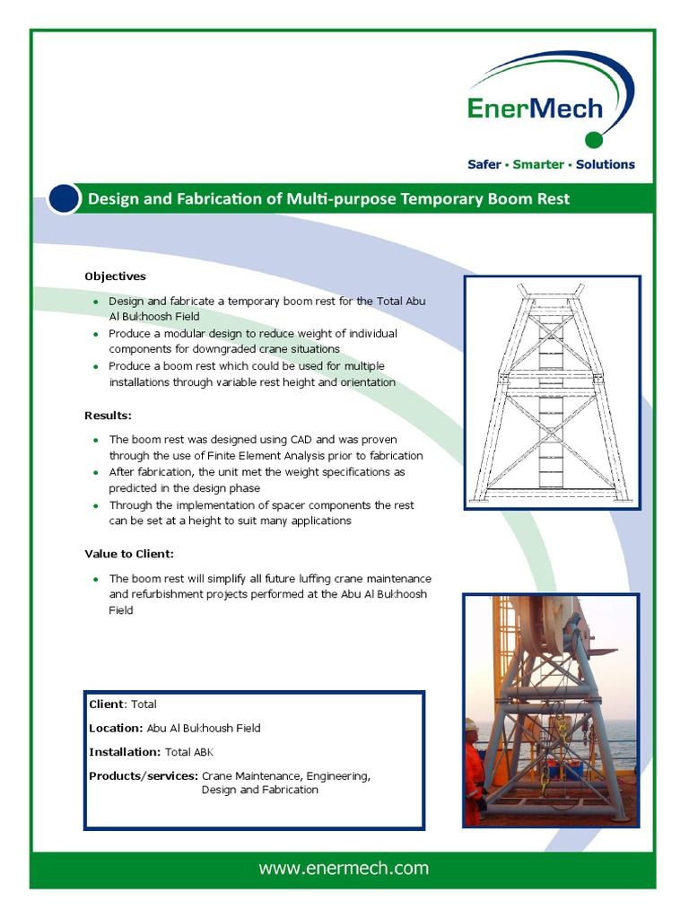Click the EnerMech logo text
tap(535, 109)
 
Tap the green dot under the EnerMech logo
tap(593, 139)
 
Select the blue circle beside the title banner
tap(64, 198)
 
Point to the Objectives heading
tap(115, 276)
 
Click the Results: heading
tap(108, 416)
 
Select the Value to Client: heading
tap(129, 554)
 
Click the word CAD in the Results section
tap(301, 440)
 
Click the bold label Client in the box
tap(107, 705)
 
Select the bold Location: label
tap(116, 728)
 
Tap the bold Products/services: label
tap(143, 775)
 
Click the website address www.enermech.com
tap(344, 868)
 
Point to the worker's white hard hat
tap(471, 724)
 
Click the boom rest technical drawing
tap(552, 393)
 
